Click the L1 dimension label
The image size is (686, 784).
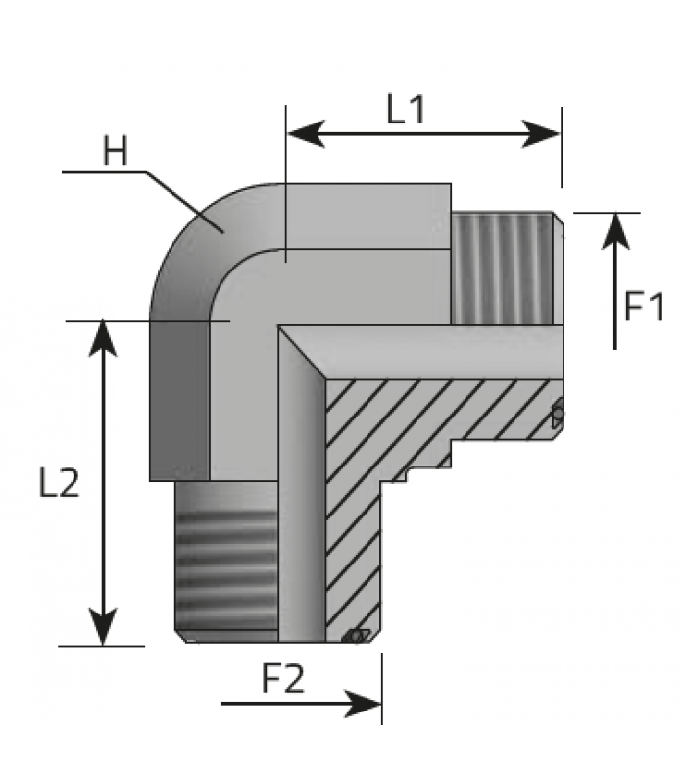click(406, 110)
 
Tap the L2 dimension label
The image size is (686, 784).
click(60, 483)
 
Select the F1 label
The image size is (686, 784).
click(645, 306)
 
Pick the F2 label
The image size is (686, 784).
click(283, 678)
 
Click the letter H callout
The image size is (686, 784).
click(116, 151)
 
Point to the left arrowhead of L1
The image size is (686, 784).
click(307, 134)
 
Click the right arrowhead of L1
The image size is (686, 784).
click(541, 134)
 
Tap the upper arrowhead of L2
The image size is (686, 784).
click(103, 338)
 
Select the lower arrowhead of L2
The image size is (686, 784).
click(103, 626)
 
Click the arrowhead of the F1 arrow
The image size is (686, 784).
click(615, 231)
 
